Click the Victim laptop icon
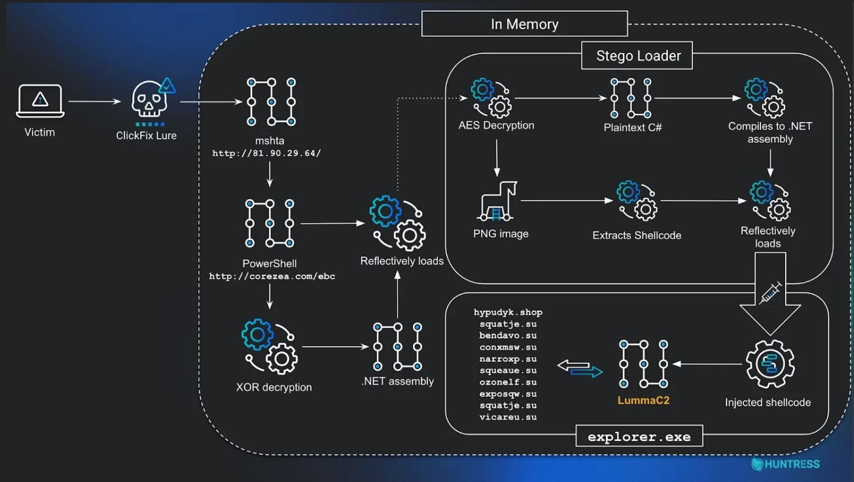40,100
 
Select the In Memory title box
524,24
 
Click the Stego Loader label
638,56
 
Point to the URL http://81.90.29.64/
267,154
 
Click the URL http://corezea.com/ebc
272,277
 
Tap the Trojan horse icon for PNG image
498,201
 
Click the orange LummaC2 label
643,401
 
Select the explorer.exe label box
639,436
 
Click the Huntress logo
786,465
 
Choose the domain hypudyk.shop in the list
508,312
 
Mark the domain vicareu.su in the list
508,418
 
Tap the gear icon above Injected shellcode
770,364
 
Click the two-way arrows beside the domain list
580,369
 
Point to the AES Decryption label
496,125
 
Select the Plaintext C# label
632,128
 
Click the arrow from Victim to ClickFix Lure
94,102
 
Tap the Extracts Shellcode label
637,235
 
